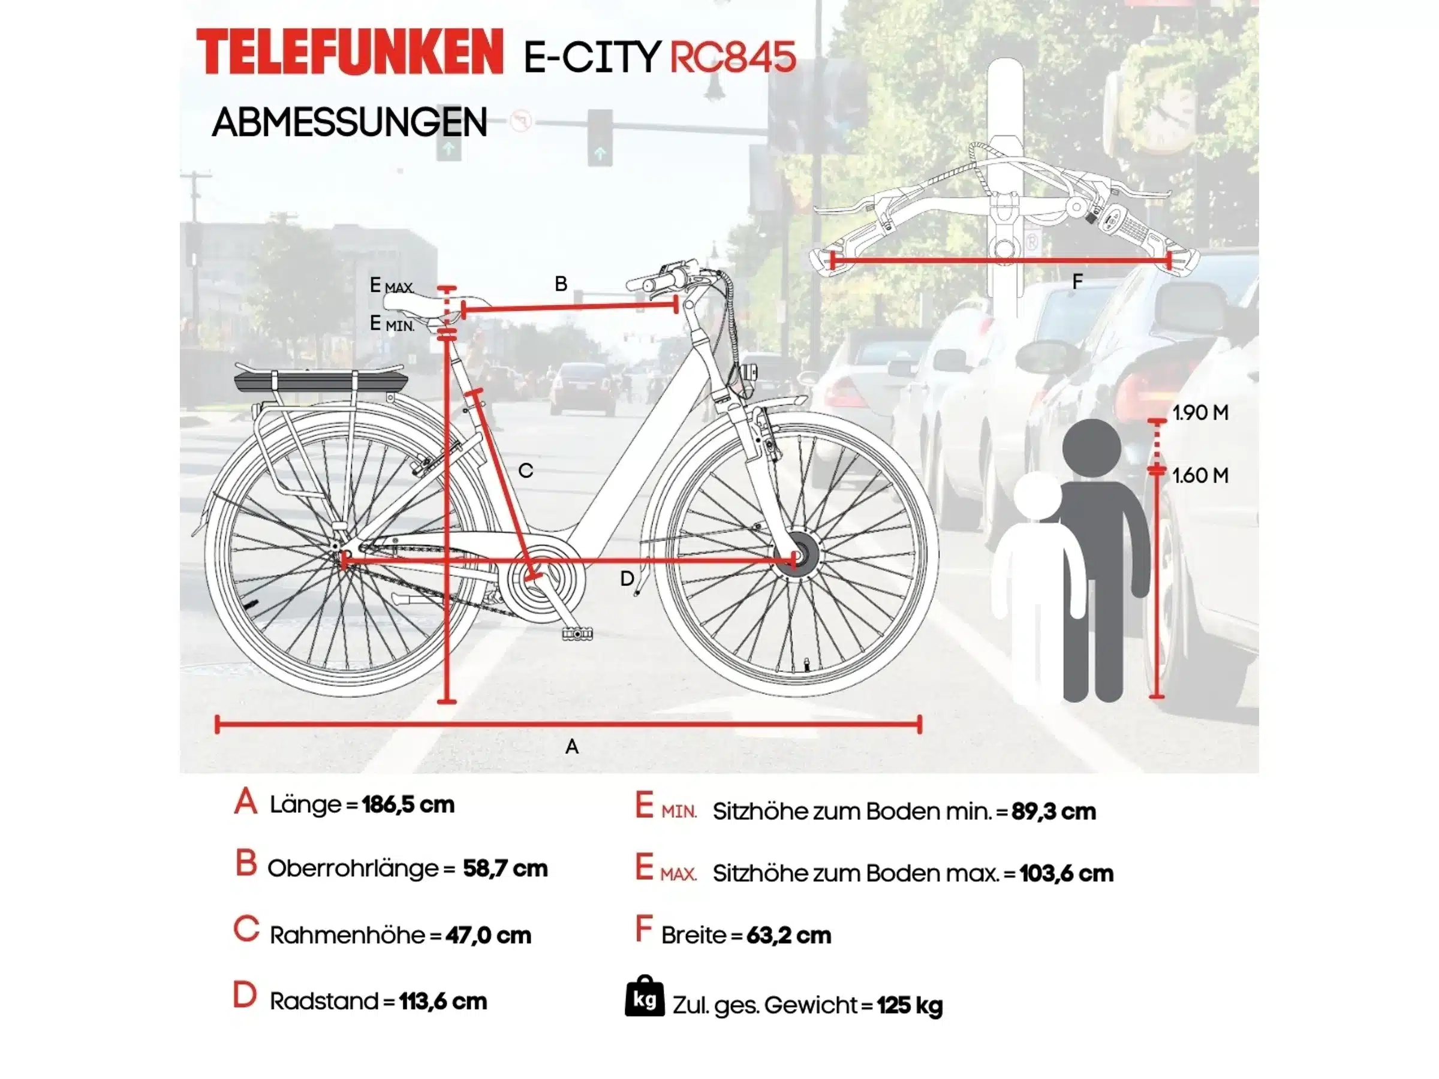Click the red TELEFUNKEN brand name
coord(350,52)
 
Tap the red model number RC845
coord(733,56)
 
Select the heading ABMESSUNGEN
coord(350,122)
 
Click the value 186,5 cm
coord(408,804)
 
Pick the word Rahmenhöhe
coord(347,935)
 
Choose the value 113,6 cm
coord(443,1001)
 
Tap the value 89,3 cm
coord(1054,811)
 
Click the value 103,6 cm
coord(1066,873)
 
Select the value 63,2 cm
coord(788,935)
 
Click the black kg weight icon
coord(645,996)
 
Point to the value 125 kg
coord(910,1005)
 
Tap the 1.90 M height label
coord(1200,412)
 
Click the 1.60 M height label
coord(1200,475)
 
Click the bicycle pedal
coord(577,633)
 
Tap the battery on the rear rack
coord(321,384)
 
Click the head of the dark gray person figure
coord(1092,448)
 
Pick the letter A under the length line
coord(571,747)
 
